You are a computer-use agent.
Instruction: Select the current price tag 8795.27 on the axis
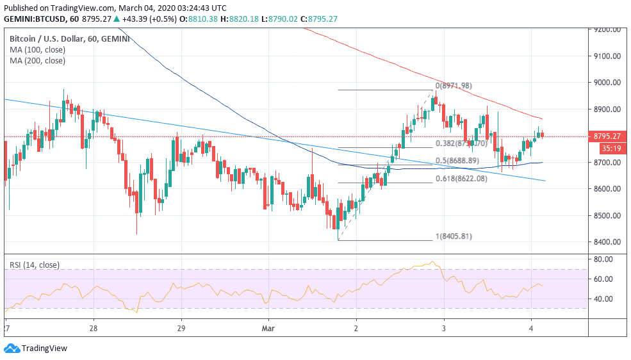[x=607, y=136]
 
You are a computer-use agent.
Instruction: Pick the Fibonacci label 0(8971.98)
[x=454, y=86]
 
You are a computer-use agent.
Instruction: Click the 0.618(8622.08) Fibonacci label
[x=461, y=179]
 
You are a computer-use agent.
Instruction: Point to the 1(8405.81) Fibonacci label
[x=454, y=236]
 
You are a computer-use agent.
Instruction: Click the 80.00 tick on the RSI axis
[x=603, y=259]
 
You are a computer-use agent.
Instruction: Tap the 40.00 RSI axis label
[x=603, y=299]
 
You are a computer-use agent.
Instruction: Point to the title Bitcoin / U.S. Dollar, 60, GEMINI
[x=69, y=38]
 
